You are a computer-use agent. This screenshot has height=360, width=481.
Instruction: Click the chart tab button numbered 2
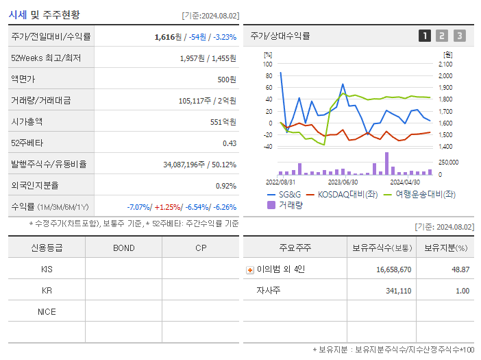tap(442, 36)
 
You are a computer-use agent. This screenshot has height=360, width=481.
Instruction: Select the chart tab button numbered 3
tap(459, 36)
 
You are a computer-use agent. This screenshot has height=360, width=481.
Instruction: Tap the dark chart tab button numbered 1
tap(425, 36)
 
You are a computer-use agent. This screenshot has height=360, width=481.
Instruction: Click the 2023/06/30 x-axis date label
tap(343, 182)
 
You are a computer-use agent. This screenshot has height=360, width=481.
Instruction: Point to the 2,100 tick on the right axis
tap(445, 64)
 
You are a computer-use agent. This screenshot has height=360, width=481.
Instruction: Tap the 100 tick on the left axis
tap(267, 64)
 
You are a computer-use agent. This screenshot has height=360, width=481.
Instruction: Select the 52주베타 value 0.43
tap(229, 143)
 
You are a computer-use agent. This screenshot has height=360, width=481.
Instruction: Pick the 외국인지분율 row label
tap(35, 186)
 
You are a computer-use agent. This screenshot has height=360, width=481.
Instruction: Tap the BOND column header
tap(123, 248)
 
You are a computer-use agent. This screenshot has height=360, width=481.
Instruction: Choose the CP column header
tap(201, 248)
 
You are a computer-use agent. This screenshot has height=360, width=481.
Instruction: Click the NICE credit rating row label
tap(47, 312)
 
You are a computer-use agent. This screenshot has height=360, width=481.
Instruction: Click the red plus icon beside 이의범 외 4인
tap(250, 269)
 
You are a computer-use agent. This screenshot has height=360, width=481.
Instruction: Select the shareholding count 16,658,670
tap(393, 269)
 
